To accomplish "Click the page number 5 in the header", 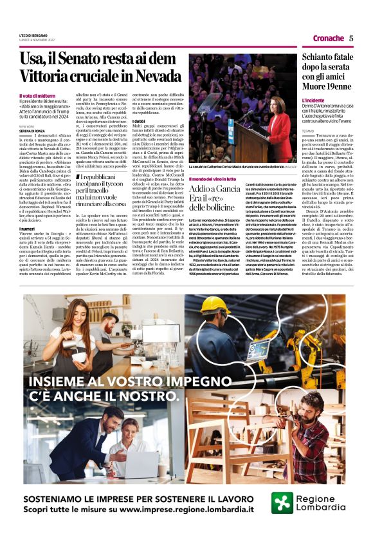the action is pyautogui.click(x=351, y=38).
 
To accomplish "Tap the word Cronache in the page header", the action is pyautogui.click(x=328, y=38).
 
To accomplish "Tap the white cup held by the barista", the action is pyautogui.click(x=76, y=337).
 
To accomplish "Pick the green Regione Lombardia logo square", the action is pyautogui.click(x=282, y=503).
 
